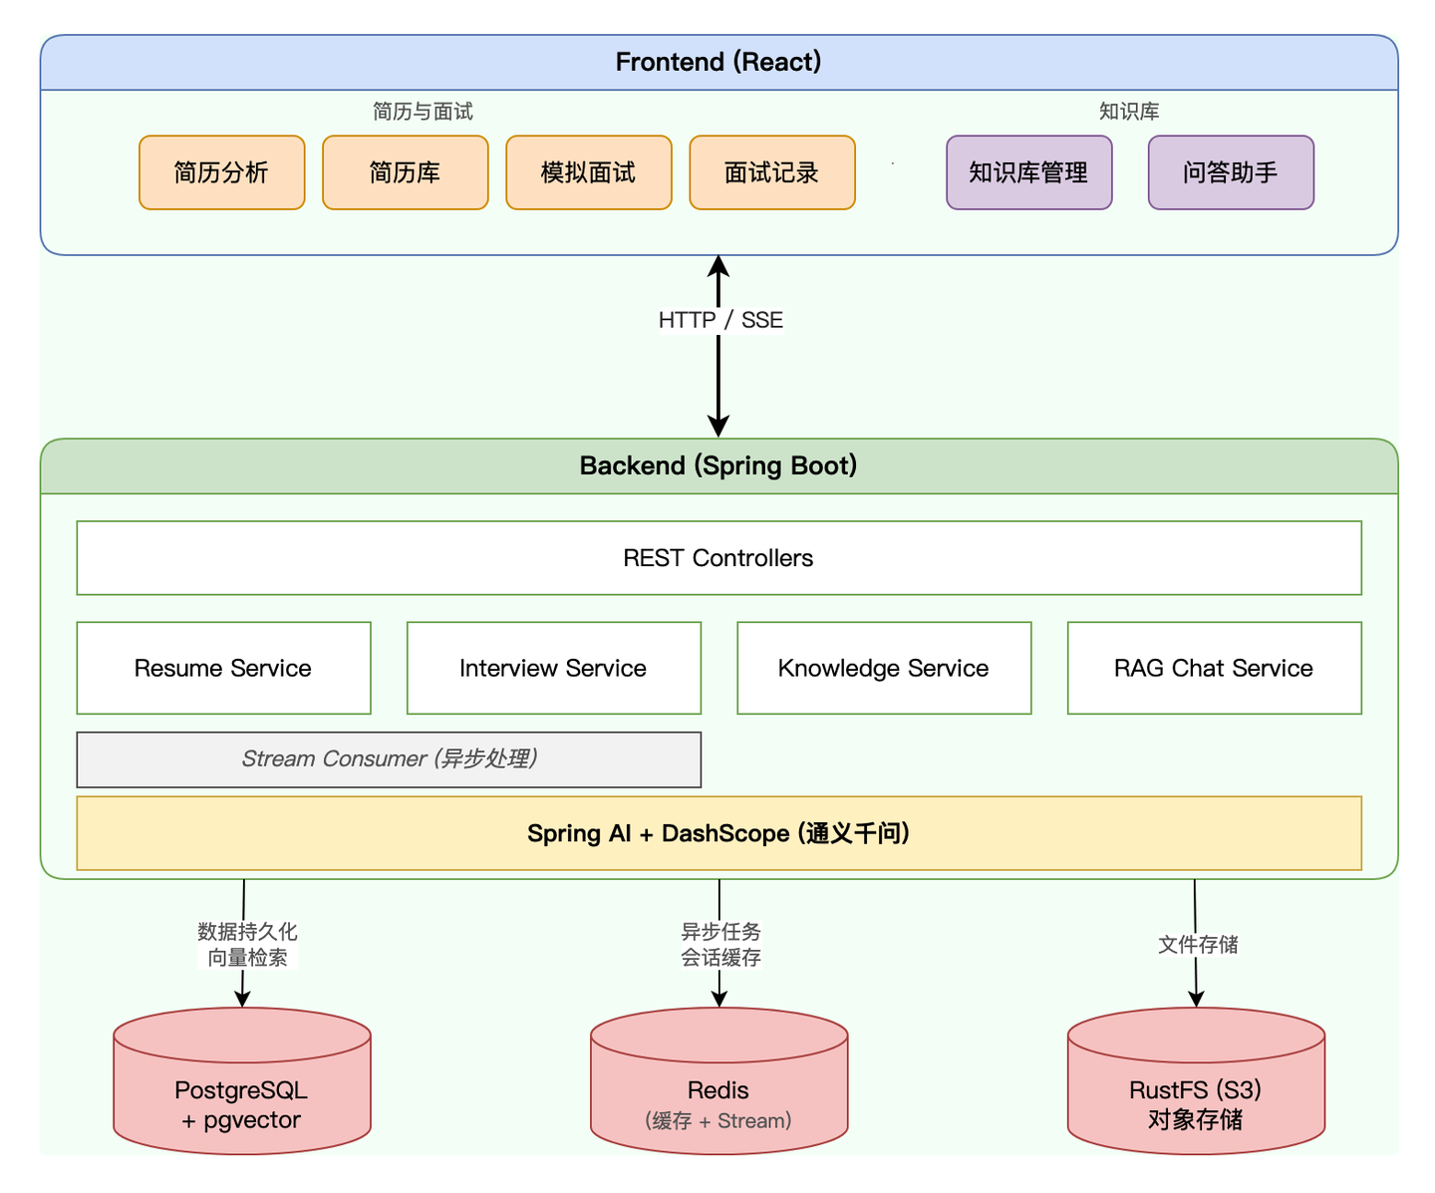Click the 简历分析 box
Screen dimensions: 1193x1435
(221, 172)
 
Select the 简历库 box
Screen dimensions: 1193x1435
(405, 172)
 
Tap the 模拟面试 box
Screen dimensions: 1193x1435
(588, 172)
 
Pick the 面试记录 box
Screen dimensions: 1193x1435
(771, 172)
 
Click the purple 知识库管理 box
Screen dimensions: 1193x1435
(1028, 172)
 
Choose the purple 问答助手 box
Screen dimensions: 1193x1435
(1231, 172)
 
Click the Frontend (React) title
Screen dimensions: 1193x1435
(718, 62)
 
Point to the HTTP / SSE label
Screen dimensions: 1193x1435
(720, 320)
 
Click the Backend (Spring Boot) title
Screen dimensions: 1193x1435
(718, 465)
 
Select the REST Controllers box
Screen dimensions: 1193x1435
(718, 558)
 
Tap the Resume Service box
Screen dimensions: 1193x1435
(223, 668)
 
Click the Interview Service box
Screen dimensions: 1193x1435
(553, 668)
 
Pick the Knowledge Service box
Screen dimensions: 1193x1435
(884, 668)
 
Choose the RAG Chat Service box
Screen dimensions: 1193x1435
(1214, 668)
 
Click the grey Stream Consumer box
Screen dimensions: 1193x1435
(389, 759)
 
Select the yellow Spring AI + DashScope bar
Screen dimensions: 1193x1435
(718, 833)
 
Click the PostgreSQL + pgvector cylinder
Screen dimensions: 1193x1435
(242, 1091)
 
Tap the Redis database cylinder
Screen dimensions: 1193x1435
(718, 1091)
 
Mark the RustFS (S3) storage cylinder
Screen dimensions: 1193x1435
(1196, 1091)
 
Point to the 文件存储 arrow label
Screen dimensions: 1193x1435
(1198, 944)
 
